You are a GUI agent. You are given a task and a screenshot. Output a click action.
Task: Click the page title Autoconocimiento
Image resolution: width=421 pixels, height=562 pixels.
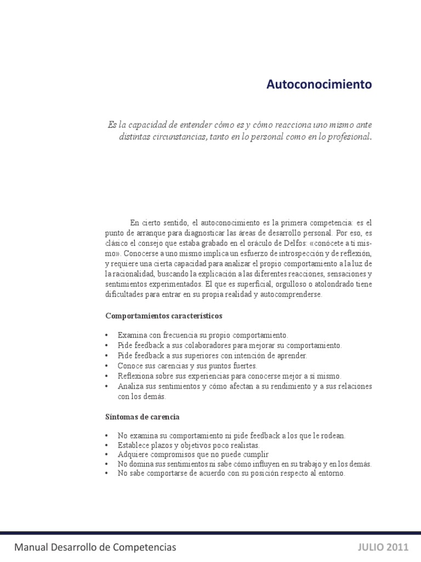319,85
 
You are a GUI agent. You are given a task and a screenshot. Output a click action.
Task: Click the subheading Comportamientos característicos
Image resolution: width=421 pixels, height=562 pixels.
163,316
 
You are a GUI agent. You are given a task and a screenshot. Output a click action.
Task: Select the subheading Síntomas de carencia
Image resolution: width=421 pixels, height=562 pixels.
143,417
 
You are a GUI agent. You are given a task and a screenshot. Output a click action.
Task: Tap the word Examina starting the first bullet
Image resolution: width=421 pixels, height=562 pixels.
132,335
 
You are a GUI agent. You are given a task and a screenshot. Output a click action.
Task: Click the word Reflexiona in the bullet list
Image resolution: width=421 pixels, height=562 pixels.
136,376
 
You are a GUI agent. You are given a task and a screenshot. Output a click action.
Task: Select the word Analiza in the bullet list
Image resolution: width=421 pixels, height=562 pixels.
130,386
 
